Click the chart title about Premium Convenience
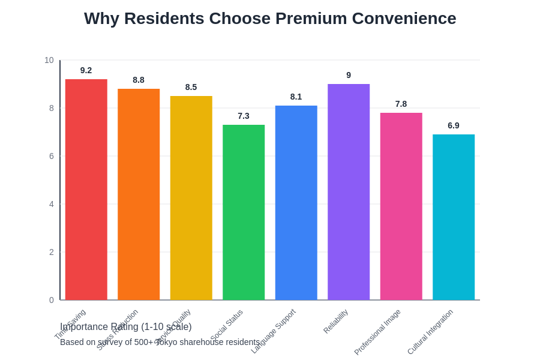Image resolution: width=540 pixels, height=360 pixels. [x=270, y=19]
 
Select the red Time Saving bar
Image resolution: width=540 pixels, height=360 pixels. [x=86, y=190]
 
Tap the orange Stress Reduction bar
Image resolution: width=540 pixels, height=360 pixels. [x=139, y=194]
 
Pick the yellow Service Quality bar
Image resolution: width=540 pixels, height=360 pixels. [x=191, y=198]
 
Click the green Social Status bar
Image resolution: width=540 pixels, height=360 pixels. [x=244, y=212]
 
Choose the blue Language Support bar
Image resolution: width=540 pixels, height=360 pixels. [x=296, y=203]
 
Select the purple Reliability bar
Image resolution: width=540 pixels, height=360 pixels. [x=349, y=192]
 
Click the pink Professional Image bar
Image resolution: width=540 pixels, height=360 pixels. [x=401, y=206]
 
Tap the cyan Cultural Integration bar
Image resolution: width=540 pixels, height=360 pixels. [x=454, y=217]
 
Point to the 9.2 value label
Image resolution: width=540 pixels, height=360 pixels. [x=86, y=70]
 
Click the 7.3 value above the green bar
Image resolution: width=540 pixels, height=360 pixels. [x=244, y=116]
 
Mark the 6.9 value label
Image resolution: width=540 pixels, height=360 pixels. [x=454, y=125]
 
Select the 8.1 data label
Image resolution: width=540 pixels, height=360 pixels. [x=296, y=97]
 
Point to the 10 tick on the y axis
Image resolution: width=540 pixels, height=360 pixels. [x=49, y=60]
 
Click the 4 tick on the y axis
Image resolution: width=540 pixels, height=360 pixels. [x=52, y=204]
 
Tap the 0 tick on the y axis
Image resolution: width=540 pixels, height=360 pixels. [x=52, y=300]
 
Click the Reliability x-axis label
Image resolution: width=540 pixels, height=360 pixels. [x=336, y=321]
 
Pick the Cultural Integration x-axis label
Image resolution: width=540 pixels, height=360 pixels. [x=430, y=332]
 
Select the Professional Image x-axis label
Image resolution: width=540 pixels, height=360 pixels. [x=377, y=332]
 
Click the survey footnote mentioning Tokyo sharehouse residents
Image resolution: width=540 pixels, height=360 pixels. [x=160, y=342]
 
